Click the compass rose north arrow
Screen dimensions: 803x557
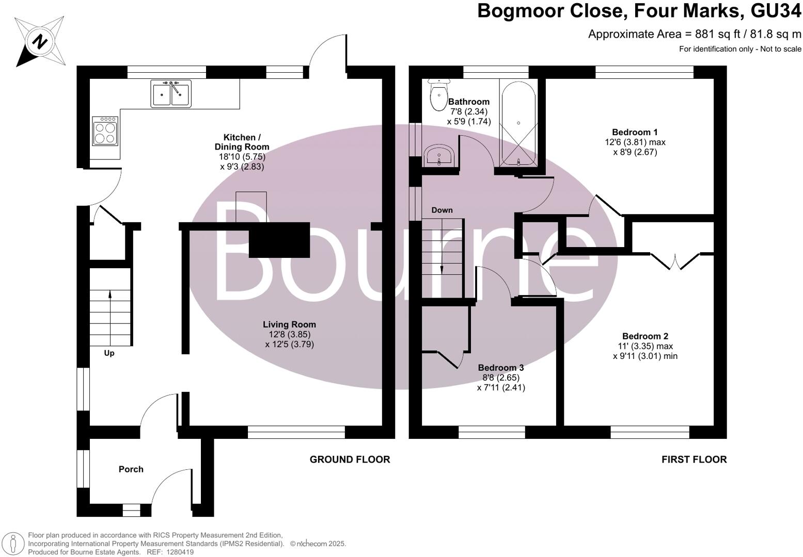click(x=39, y=41)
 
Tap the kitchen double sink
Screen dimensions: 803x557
click(x=171, y=93)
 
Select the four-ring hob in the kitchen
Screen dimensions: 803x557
click(x=105, y=131)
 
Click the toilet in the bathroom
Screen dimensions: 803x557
click(x=438, y=94)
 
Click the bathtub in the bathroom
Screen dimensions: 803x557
click(x=518, y=123)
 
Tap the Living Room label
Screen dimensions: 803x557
click(x=289, y=324)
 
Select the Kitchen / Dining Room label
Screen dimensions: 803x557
click(x=242, y=142)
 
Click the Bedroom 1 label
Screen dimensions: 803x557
click(x=635, y=132)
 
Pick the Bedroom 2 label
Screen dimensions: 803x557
click(x=645, y=336)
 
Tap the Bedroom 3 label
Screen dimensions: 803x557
click(x=501, y=368)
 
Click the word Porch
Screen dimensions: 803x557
click(x=131, y=469)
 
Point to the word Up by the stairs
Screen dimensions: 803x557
click(x=109, y=353)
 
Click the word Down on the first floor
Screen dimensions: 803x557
click(x=442, y=210)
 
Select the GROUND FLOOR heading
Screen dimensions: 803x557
click(x=350, y=460)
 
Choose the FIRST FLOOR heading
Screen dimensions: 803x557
click(x=694, y=460)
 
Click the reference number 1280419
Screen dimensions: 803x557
click(x=181, y=552)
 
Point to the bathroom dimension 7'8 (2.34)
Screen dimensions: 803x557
click(x=469, y=111)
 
